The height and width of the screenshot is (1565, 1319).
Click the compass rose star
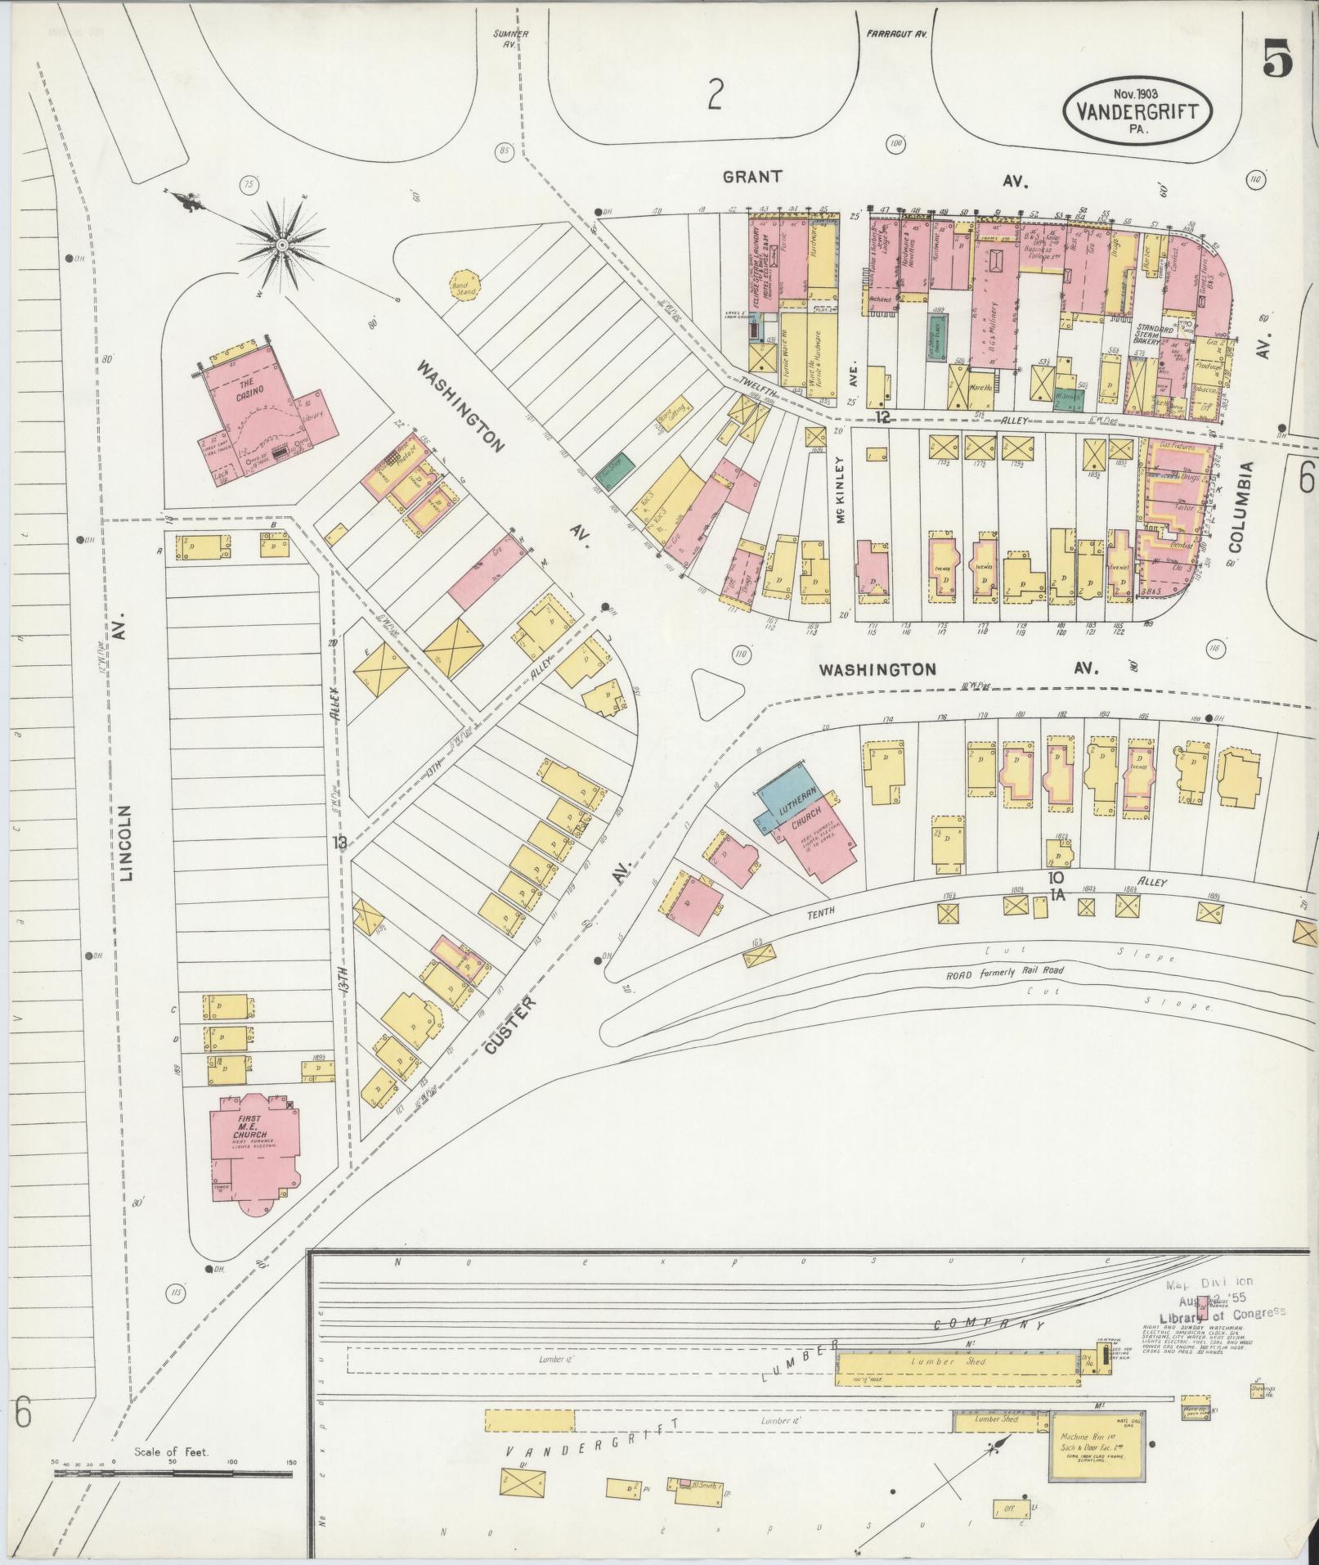282,244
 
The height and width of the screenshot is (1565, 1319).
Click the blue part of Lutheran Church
780,796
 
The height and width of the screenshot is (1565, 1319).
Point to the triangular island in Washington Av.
716,692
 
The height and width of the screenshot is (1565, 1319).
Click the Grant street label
752,176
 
